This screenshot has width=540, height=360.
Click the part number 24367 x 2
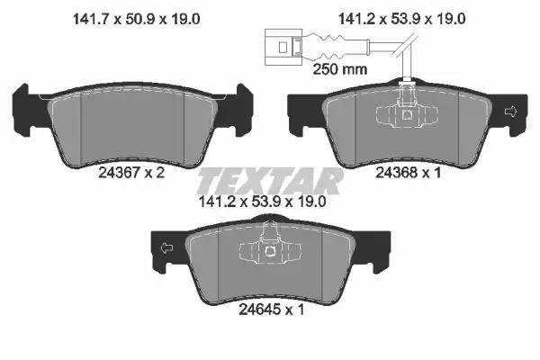click(131, 173)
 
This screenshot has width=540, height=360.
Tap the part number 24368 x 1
click(408, 173)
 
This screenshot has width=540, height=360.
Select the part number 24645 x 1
click(272, 310)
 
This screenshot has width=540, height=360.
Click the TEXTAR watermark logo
click(270, 181)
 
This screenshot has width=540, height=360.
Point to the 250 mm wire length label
click(340, 69)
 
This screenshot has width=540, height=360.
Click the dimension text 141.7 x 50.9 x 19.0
click(137, 19)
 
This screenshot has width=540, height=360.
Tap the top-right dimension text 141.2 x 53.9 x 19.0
click(402, 19)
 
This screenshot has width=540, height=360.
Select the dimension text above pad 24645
click(263, 202)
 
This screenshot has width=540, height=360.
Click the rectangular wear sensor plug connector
click(283, 47)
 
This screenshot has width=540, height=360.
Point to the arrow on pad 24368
click(510, 112)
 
